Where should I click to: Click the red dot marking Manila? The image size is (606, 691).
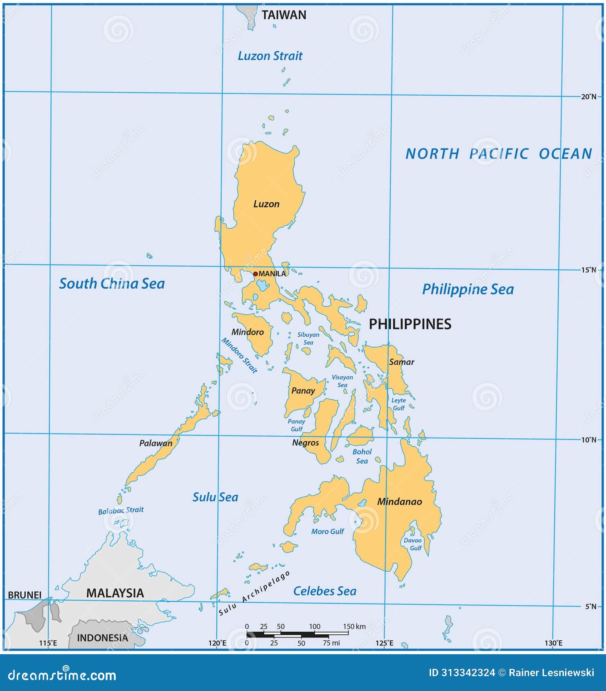(255, 274)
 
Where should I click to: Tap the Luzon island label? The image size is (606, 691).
(266, 204)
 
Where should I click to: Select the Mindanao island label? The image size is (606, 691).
(399, 502)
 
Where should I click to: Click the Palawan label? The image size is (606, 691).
(155, 443)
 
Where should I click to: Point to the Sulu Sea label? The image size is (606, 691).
(215, 497)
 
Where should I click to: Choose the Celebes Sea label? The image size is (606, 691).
(324, 591)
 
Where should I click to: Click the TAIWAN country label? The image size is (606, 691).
(284, 15)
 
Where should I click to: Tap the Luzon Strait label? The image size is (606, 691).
(270, 56)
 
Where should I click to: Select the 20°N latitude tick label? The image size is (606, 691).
(589, 96)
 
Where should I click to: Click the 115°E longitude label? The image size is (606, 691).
(48, 643)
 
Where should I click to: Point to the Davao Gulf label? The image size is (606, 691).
(413, 544)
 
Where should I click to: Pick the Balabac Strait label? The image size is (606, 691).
(121, 510)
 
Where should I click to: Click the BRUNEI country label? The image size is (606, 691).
(25, 595)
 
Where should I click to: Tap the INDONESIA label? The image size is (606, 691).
(102, 638)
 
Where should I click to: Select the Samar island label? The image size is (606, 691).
(401, 362)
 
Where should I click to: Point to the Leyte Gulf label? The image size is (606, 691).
(399, 404)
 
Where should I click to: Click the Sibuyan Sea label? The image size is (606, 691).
(308, 338)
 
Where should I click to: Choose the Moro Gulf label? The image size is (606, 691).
(327, 532)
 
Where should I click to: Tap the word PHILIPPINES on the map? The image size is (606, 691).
(410, 324)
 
